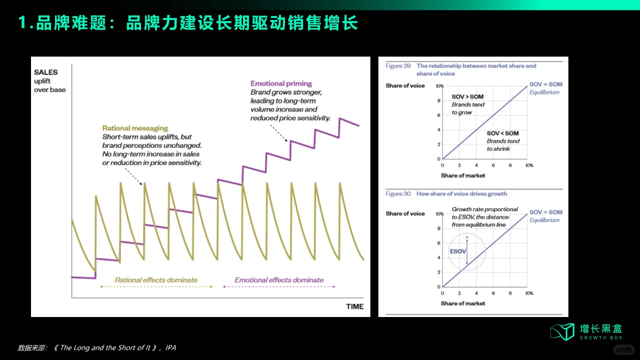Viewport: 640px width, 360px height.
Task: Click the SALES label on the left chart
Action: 45,72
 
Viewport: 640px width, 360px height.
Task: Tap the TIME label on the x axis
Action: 354,306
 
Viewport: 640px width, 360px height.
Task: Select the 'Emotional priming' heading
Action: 281,83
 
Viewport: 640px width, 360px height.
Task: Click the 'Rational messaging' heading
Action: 135,128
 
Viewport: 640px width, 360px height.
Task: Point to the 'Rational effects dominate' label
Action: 156,280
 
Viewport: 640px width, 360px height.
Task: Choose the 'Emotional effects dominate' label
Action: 279,280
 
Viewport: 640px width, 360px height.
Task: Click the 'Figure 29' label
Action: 398,66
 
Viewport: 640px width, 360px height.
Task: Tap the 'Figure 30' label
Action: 398,194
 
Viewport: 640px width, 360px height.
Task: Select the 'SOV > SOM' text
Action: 467,96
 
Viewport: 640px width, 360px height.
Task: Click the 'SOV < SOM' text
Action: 502,133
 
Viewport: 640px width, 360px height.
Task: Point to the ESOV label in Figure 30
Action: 457,251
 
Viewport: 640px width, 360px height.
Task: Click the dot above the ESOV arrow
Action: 467,237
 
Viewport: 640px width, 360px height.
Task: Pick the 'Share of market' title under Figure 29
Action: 463,175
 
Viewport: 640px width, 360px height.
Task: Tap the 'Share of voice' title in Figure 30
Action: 405,213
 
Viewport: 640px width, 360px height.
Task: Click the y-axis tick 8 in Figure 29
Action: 438,100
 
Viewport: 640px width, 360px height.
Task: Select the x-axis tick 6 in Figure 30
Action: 493,293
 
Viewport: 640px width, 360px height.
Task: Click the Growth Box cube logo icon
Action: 562,331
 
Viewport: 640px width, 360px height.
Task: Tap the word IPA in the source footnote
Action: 171,347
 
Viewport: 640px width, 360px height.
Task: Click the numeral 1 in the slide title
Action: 22,23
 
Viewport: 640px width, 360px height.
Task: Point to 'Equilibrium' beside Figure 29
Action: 544,92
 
